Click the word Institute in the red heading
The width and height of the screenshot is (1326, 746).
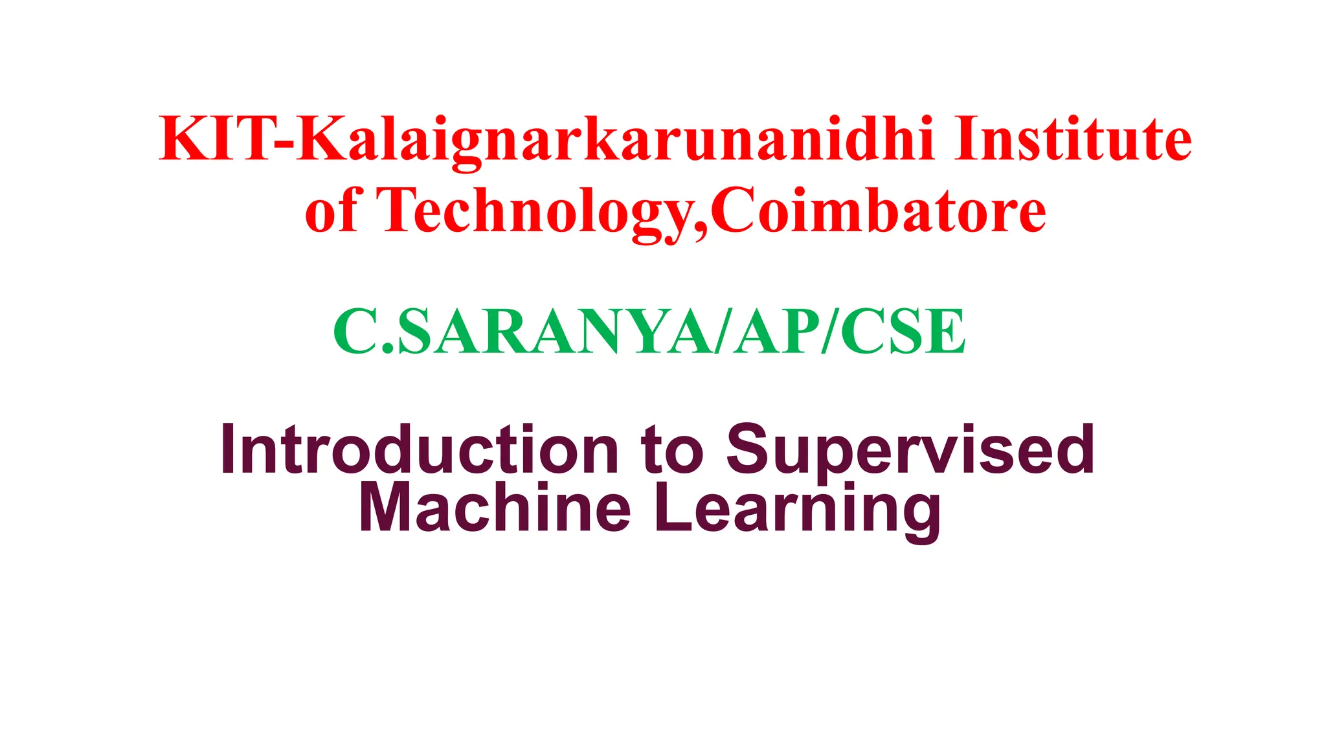coord(1072,139)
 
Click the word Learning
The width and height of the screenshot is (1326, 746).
coord(797,510)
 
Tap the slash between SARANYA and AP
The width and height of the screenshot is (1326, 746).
coord(725,332)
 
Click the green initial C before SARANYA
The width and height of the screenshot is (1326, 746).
coord(355,332)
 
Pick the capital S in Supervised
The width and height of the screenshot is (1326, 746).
coord(750,450)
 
